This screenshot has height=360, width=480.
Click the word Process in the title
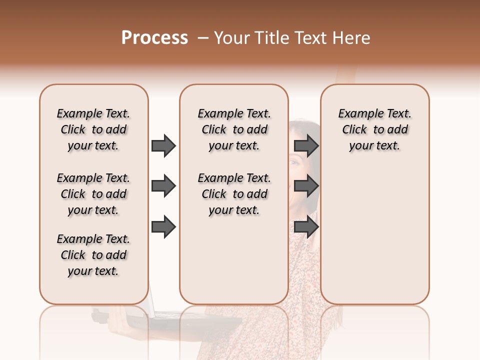point(154,38)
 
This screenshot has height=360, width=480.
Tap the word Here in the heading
point(351,38)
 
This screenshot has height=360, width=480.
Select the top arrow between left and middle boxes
point(163,145)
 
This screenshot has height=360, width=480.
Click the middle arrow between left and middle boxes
point(163,186)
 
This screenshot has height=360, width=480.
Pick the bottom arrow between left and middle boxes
point(163,227)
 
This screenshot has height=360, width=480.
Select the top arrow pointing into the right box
point(306,145)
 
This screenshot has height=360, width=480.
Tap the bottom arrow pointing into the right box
point(306,227)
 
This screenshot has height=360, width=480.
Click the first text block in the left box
point(93,129)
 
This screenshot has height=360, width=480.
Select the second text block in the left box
point(93,194)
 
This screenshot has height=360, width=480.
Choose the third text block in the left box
point(93,255)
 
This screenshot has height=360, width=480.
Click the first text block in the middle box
point(234,129)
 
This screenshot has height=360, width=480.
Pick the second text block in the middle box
point(234,194)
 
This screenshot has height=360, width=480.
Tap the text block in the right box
point(374,129)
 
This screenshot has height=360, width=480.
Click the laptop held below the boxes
point(165,320)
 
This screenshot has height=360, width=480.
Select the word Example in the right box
point(357,114)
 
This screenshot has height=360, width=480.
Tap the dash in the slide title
point(202,38)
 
